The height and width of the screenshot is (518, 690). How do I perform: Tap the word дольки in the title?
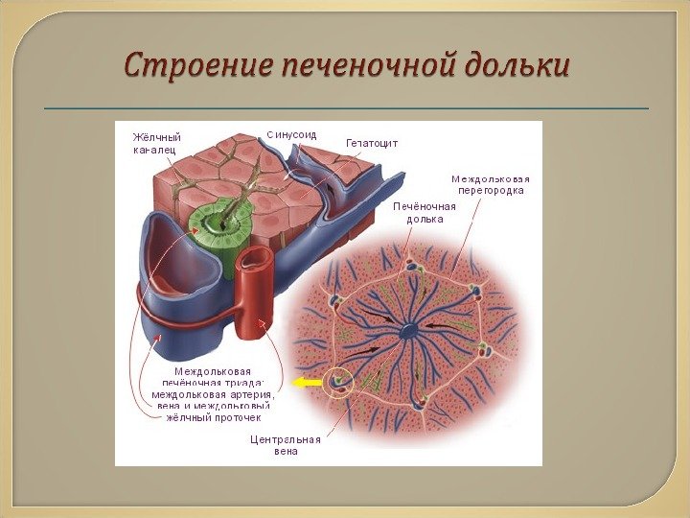[x=517, y=66]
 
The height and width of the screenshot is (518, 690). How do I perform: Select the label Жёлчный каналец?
[x=156, y=143]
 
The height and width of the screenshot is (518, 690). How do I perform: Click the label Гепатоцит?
[x=371, y=143]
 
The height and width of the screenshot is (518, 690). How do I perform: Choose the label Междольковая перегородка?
[x=490, y=184]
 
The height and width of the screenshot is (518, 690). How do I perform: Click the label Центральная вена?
[x=285, y=445]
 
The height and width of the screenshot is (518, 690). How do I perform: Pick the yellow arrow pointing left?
[x=307, y=383]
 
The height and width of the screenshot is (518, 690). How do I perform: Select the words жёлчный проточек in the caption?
[x=215, y=418]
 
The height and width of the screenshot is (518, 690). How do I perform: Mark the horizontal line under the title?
[x=346, y=108]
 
